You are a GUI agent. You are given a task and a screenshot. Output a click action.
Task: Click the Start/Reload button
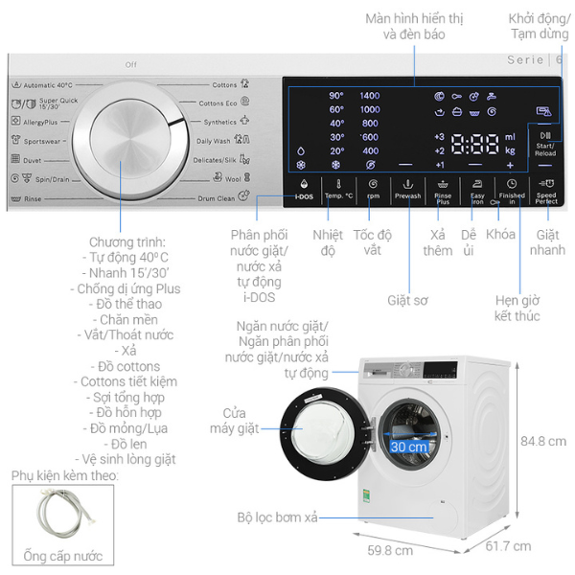tap(545, 145)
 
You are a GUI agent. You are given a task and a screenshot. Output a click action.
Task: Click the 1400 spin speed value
tap(370, 96)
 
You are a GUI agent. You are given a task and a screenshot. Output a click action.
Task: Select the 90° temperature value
tap(336, 96)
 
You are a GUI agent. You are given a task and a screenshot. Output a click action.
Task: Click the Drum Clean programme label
tap(217, 198)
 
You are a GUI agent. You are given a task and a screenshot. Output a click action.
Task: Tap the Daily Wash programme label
tap(213, 141)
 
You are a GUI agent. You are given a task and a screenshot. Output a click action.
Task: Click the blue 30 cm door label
tap(408, 448)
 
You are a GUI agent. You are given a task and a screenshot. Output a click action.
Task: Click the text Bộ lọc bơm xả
tap(278, 517)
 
